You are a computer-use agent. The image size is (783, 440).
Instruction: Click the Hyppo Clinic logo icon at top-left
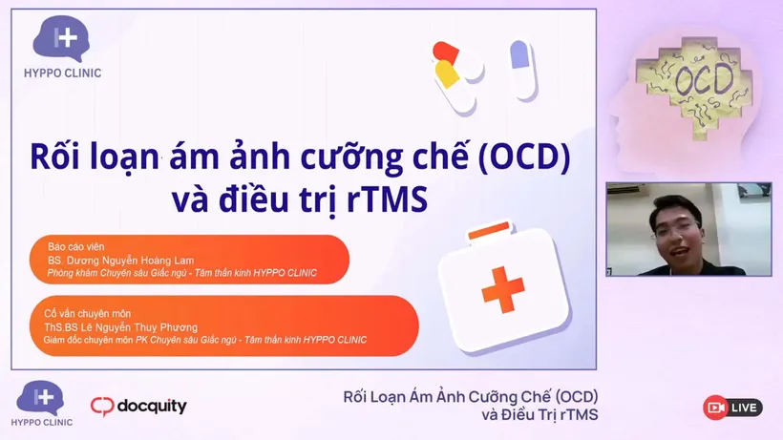(x=62, y=39)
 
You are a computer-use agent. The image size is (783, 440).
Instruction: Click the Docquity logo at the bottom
(x=139, y=407)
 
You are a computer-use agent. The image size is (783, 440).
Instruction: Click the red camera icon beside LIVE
(x=714, y=408)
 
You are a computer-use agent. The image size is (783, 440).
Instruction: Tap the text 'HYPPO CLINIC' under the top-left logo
(x=63, y=73)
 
